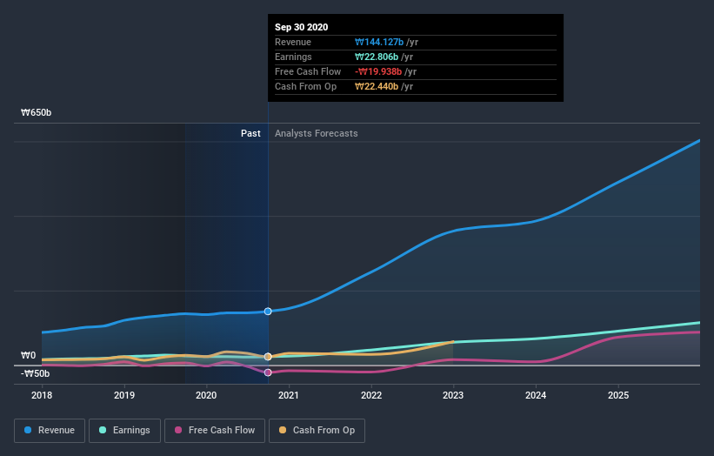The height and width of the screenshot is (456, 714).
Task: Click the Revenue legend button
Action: tap(50, 430)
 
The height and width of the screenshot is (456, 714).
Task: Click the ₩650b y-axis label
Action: tap(37, 113)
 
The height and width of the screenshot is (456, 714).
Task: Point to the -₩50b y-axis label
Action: tap(35, 373)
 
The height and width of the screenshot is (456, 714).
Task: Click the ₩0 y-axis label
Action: tap(29, 355)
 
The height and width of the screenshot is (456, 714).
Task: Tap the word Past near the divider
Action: tap(250, 133)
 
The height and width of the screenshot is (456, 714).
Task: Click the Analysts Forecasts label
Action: tap(316, 133)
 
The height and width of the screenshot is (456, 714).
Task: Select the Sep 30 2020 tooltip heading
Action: tap(301, 27)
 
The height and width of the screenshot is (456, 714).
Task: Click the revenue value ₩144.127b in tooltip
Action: tap(378, 42)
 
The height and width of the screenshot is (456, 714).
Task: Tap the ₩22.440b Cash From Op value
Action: tap(377, 86)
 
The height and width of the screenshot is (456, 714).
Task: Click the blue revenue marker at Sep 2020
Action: tap(268, 311)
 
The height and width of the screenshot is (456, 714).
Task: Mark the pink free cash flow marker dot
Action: tap(268, 372)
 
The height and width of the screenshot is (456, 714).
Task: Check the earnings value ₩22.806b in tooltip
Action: tap(377, 57)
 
